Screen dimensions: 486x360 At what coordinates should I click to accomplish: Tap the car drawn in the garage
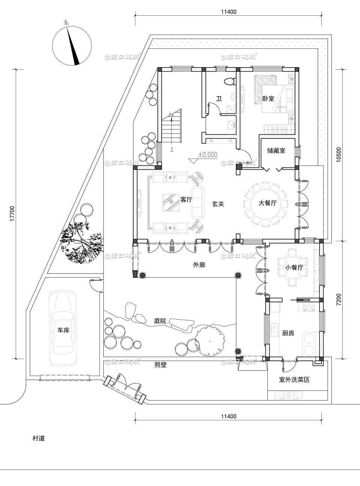tap(63, 328)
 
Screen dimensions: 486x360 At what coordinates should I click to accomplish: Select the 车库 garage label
tap(63, 331)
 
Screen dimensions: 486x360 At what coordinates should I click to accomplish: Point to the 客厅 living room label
tap(186, 200)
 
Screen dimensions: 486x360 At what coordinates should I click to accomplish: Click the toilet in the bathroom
tap(229, 81)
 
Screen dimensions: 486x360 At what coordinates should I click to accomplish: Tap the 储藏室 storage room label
tap(276, 150)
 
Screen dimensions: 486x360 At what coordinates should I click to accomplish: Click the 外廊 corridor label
tap(199, 265)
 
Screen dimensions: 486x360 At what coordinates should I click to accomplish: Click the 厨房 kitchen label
tap(288, 333)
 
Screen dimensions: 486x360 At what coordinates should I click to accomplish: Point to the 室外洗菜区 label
tap(294, 379)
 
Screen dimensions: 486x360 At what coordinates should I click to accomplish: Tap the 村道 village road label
tap(39, 438)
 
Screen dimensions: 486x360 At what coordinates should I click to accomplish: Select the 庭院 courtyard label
tap(160, 321)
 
